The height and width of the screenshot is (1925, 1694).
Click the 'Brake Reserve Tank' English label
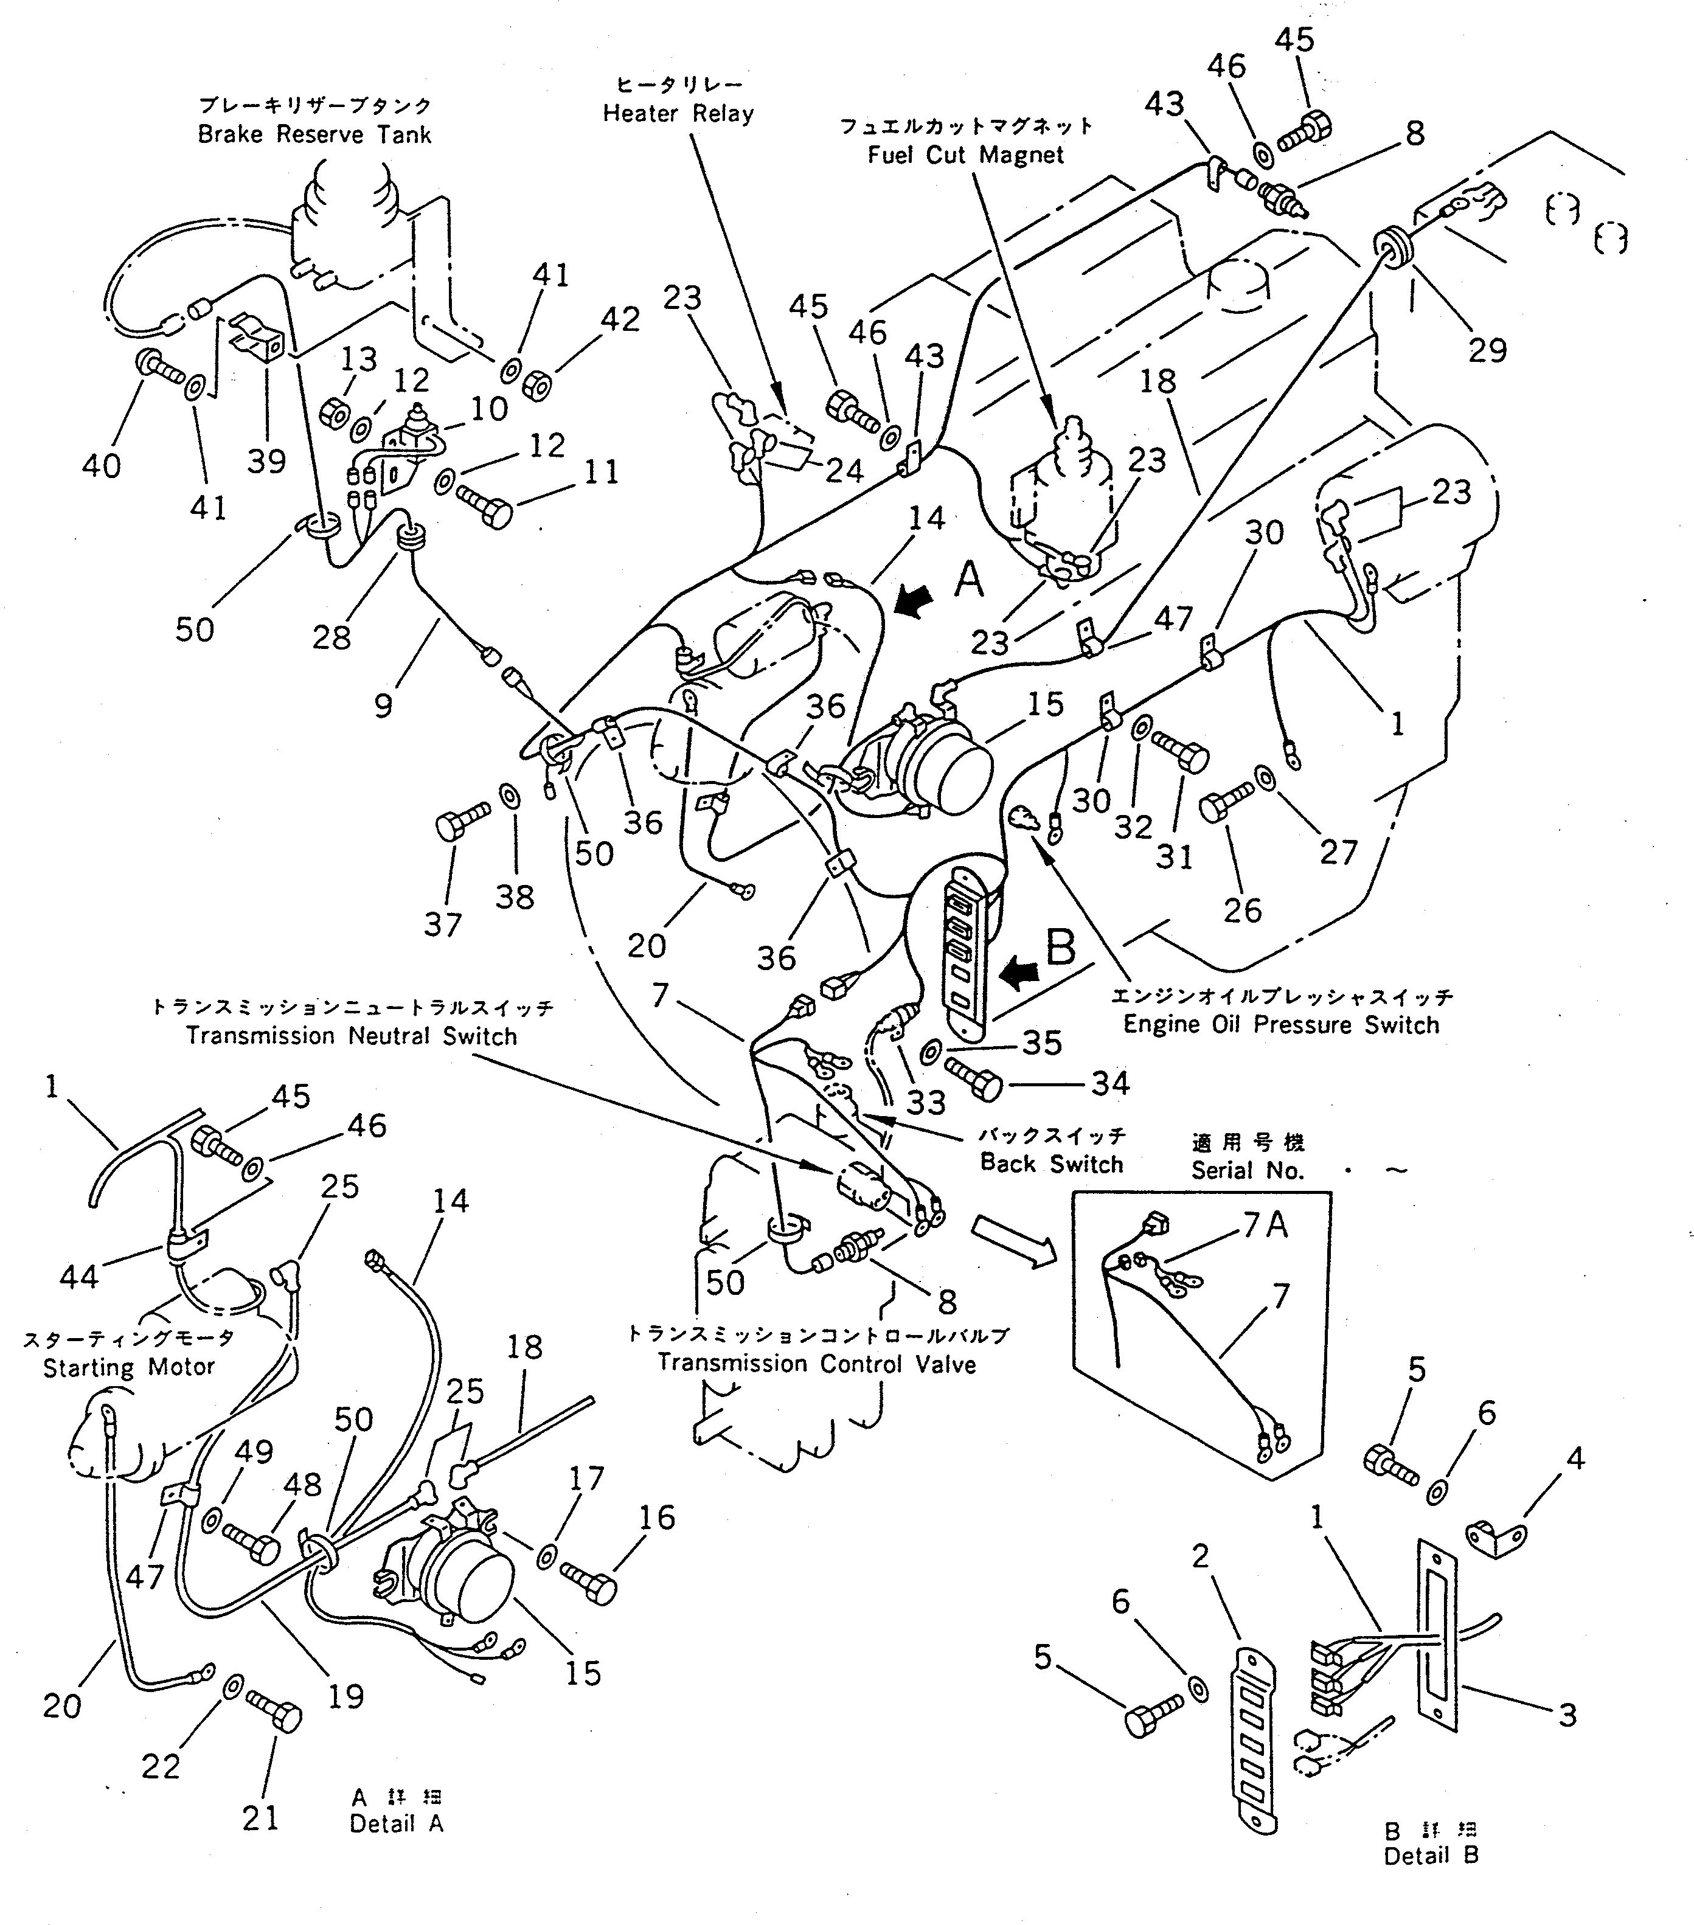tap(314, 134)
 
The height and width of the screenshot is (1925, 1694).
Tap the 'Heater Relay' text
tap(678, 114)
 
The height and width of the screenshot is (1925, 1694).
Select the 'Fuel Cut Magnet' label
tap(965, 154)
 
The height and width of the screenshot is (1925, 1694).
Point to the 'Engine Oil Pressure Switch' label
tap(1280, 1025)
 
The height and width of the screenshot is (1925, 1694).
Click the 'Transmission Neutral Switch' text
tap(351, 1036)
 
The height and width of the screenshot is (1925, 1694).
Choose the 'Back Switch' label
tap(1052, 1164)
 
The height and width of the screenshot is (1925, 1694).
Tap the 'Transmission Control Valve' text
tap(816, 1363)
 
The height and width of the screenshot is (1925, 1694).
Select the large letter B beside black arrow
tap(1060, 948)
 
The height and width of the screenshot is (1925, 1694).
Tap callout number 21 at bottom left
tap(260, 1817)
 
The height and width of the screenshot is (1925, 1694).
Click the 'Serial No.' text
tap(1247, 1171)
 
